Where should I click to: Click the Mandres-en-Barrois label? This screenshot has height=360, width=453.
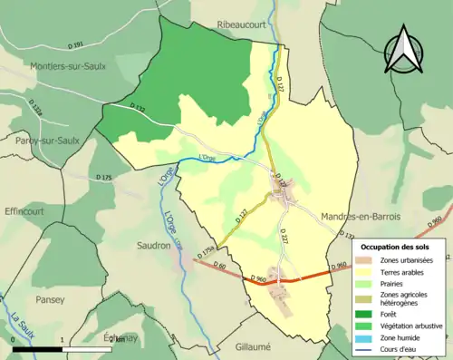pyautogui.click(x=360, y=217)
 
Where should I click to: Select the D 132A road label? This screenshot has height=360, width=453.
pyautogui.click(x=35, y=110)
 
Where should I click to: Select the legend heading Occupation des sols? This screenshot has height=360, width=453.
pyautogui.click(x=396, y=247)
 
